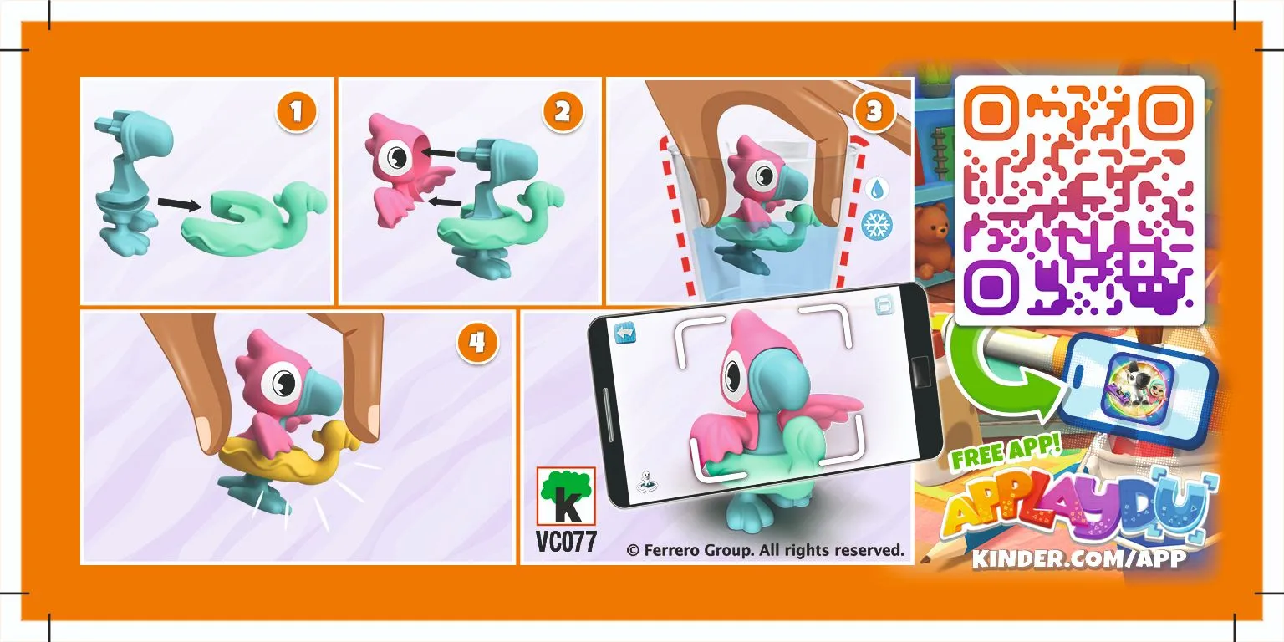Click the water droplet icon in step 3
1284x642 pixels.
pyautogui.click(x=877, y=187)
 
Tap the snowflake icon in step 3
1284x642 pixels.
pyautogui.click(x=877, y=224)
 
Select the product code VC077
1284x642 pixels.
pyautogui.click(x=566, y=542)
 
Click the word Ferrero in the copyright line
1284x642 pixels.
pyautogui.click(x=676, y=550)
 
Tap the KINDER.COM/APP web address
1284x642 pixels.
pyautogui.click(x=1078, y=558)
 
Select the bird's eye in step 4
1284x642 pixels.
pyautogui.click(x=281, y=383)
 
